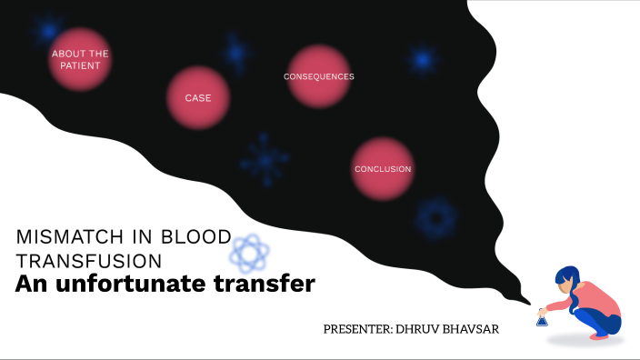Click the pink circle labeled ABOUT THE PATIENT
coord(79,59)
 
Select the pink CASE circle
coord(198,97)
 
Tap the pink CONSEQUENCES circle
coord(318,76)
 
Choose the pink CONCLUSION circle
coord(383,169)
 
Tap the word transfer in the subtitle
coord(269,285)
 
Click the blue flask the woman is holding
coord(543,318)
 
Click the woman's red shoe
coord(599,335)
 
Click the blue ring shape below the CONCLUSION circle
coord(435,218)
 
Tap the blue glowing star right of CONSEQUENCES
coord(421,61)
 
